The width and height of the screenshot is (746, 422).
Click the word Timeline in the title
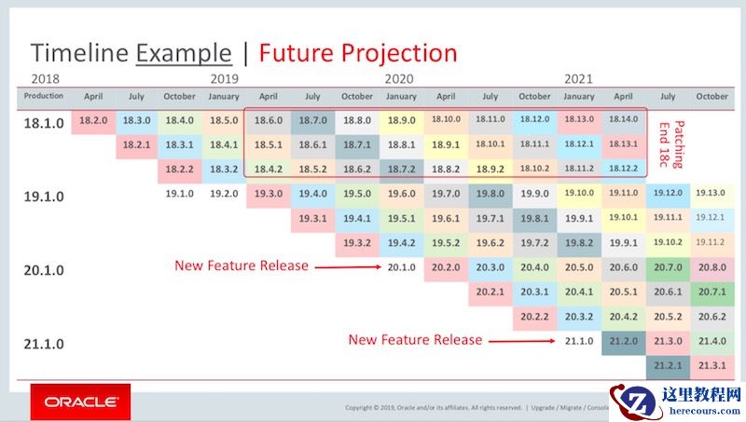point(79,53)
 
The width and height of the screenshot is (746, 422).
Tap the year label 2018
point(46,79)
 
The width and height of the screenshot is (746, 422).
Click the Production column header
point(44,96)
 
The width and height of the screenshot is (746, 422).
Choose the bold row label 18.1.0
point(44,122)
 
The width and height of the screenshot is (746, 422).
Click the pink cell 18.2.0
point(93,120)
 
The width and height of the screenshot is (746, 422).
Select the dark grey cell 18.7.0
point(312,120)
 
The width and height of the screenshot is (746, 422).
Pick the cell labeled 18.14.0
point(623,120)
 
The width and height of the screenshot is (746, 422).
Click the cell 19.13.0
point(711,193)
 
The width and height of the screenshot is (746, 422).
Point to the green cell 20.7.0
point(667,266)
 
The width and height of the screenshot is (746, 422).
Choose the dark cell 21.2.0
point(623,341)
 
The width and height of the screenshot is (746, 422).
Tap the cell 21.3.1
point(711,365)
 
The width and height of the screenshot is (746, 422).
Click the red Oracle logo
point(81,402)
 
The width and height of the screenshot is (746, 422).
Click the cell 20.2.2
point(534,316)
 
